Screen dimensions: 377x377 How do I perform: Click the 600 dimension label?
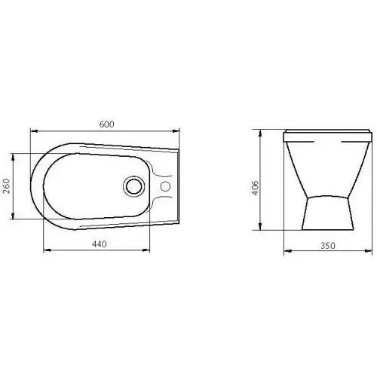click(x=106, y=124)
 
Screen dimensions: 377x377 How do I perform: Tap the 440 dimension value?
click(x=100, y=244)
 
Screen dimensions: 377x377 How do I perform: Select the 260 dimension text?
click(x=6, y=185)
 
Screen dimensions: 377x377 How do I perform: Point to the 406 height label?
click(x=255, y=188)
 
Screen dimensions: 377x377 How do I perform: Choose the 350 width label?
click(x=328, y=246)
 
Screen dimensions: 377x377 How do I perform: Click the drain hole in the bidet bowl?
click(x=134, y=186)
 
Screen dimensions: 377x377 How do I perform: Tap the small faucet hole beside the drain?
click(x=165, y=186)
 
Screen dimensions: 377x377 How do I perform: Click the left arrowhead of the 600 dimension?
click(x=34, y=131)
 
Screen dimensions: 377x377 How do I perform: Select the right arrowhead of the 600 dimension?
click(x=176, y=131)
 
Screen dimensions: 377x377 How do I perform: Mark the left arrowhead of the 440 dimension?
click(x=48, y=250)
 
